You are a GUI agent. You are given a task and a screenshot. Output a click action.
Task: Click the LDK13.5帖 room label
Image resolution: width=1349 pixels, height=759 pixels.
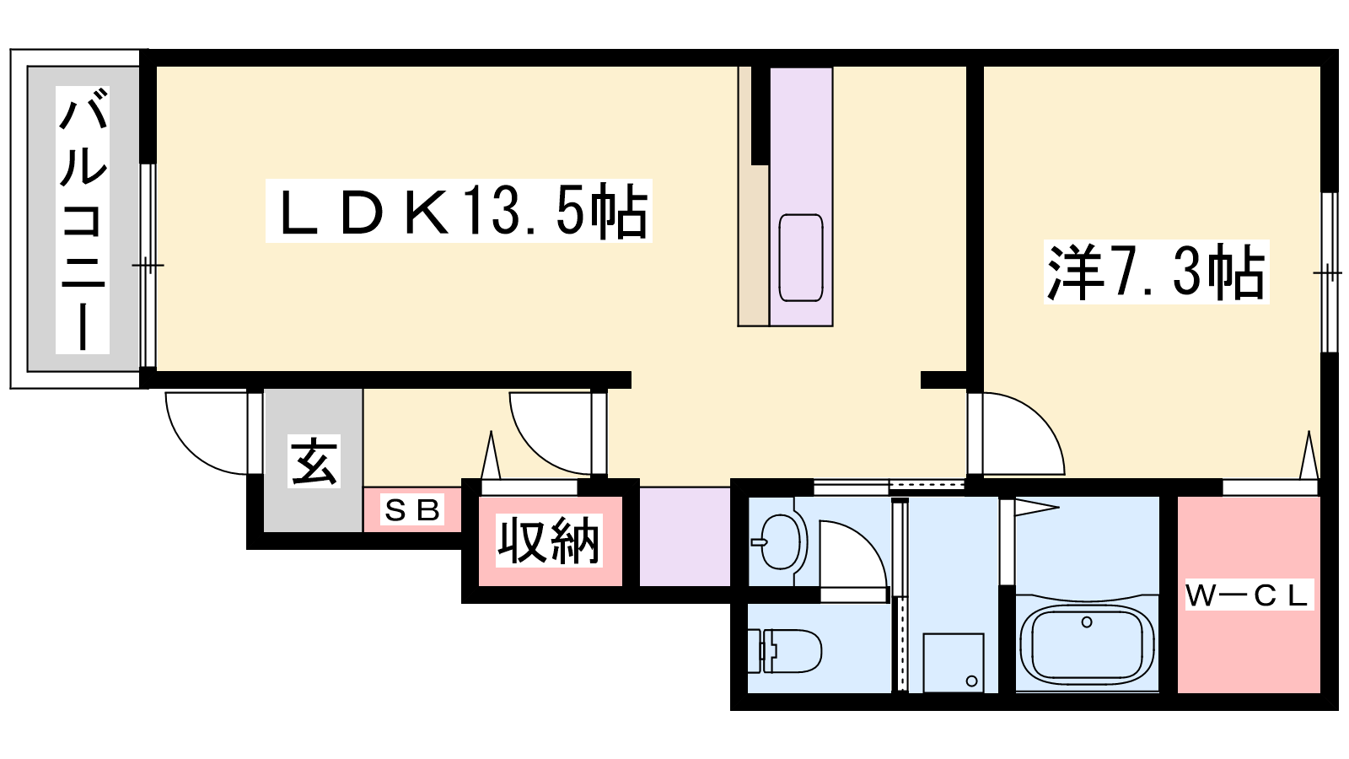[x=459, y=211]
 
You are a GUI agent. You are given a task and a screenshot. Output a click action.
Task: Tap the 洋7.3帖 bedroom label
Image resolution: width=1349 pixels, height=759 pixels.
[x=1156, y=272]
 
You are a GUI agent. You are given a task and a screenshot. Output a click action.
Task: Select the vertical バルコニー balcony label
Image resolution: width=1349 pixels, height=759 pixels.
[x=83, y=220]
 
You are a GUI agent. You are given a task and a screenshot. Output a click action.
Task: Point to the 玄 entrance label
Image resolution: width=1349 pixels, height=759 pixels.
[x=314, y=460]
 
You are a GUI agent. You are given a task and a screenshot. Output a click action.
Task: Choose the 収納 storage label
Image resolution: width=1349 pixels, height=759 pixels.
[x=549, y=541]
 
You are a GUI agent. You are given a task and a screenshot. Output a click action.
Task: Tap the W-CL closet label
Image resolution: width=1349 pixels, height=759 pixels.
[x=1249, y=595]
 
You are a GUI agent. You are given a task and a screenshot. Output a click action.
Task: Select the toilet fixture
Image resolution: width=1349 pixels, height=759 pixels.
[x=785, y=650]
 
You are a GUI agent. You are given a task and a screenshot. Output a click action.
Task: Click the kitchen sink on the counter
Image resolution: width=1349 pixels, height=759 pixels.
[x=801, y=258]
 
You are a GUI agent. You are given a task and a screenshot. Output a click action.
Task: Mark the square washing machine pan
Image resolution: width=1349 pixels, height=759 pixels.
[x=954, y=663]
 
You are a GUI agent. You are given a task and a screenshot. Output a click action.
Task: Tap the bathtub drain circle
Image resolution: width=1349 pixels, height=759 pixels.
[x=1087, y=622]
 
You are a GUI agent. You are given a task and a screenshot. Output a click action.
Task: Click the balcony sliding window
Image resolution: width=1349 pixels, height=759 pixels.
[x=148, y=265]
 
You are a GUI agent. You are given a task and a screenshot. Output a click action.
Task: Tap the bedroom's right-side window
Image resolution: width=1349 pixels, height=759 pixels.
[x=1329, y=272]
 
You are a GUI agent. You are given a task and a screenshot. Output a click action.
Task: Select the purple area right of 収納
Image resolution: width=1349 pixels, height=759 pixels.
[x=685, y=536]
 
